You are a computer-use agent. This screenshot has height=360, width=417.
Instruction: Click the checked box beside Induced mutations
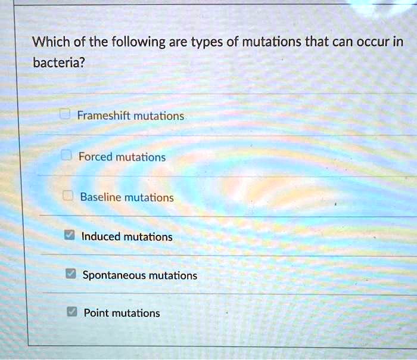pos(69,236)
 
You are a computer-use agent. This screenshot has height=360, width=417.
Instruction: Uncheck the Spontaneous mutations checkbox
pos(70,275)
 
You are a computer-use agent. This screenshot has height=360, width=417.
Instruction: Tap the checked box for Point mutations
pos(71,312)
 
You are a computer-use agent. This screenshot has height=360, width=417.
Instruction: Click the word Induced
pos(101,237)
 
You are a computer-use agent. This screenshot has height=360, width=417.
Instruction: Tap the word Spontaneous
pos(114,275)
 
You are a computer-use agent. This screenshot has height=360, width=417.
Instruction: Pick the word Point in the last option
pos(97,313)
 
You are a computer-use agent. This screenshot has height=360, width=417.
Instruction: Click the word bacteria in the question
pos(57,62)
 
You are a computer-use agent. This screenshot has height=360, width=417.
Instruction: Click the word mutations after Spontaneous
pos(173,275)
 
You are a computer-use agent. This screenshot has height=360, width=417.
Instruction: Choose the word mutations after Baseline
pos(150,197)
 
